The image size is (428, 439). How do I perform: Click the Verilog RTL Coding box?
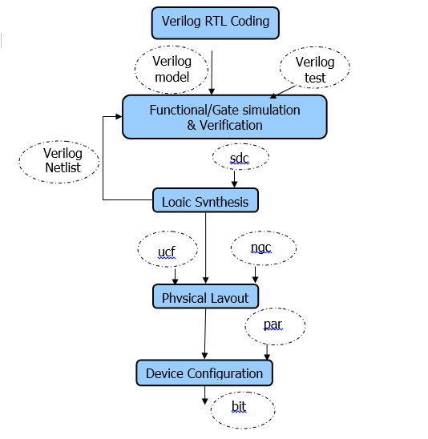click(215, 23)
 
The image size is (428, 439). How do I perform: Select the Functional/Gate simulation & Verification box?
click(224, 117)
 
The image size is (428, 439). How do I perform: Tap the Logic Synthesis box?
click(205, 200)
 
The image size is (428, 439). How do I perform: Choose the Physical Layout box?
click(205, 296)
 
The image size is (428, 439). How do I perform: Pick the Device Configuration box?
click(204, 373)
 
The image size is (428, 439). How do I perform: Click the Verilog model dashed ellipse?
click(172, 70)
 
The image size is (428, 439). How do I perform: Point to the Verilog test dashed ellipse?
click(314, 67)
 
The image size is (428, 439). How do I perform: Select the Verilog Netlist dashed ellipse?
click(59, 162)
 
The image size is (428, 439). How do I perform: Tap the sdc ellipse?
click(240, 157)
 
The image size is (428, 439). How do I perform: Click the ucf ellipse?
click(168, 249)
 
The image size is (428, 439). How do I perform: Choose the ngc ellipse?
click(264, 248)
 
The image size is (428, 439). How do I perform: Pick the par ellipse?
click(276, 326)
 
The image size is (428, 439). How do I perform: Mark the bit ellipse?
click(243, 410)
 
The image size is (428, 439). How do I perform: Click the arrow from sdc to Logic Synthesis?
click(235, 179)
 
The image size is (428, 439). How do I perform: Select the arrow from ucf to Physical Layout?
click(175, 276)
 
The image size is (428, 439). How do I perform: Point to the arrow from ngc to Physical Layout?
click(255, 275)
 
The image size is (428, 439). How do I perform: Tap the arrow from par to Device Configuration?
click(267, 352)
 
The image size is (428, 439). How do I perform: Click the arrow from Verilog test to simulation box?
click(283, 92)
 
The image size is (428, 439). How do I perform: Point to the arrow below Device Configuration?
click(204, 395)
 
